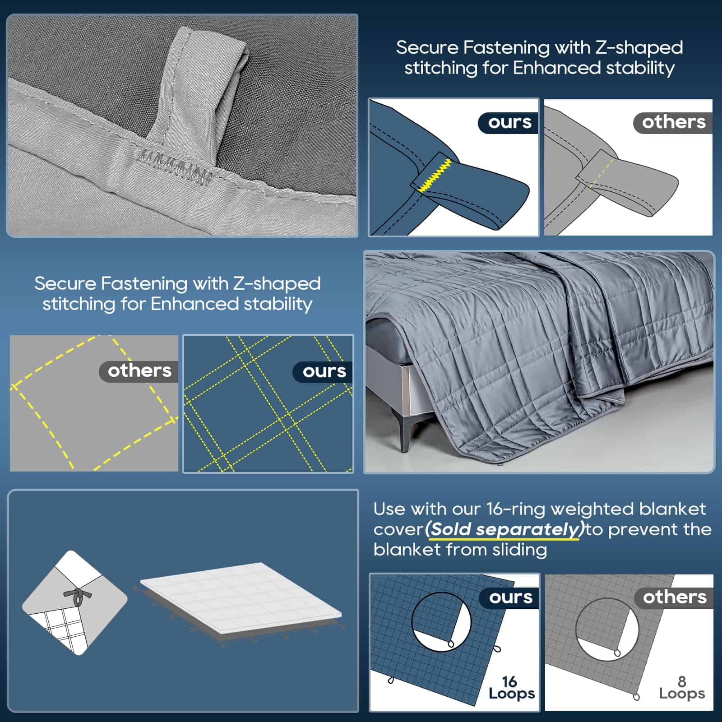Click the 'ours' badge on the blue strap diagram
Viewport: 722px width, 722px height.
(507, 122)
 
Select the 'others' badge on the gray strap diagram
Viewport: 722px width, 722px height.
(673, 122)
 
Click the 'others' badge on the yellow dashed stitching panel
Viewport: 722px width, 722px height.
(139, 371)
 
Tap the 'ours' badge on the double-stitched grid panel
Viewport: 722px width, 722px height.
(323, 372)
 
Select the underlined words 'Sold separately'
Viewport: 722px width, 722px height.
(504, 529)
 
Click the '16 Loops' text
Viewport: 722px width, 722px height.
(511, 688)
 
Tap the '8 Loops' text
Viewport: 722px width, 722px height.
(681, 688)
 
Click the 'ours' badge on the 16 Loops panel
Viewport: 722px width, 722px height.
(509, 597)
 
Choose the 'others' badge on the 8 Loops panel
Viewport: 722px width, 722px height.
(674, 597)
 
